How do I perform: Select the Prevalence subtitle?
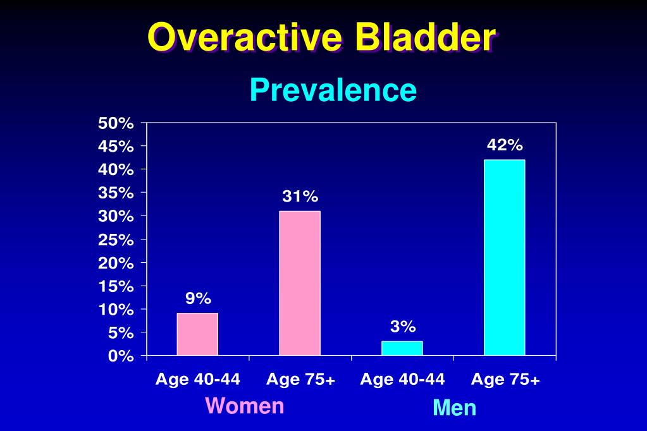pos(333,90)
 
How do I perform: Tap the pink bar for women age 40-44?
pos(197,334)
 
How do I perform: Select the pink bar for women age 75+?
pos(300,283)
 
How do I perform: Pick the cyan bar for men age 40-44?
pos(402,348)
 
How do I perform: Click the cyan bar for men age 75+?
pos(504,257)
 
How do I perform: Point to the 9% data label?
pos(198,298)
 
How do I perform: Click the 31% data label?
pos(300,197)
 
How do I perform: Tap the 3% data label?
pos(403,326)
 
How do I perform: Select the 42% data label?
pos(505,145)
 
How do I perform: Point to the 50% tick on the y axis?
pos(116,123)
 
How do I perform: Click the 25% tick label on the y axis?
pos(116,240)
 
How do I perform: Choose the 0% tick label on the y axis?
pos(120,356)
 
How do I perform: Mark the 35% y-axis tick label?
pos(116,193)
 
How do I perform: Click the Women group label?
pos(245,405)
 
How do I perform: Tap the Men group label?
pos(454,408)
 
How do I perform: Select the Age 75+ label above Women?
pos(300,379)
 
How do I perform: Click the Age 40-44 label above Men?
pos(402,379)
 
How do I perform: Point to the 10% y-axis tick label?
pos(116,310)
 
